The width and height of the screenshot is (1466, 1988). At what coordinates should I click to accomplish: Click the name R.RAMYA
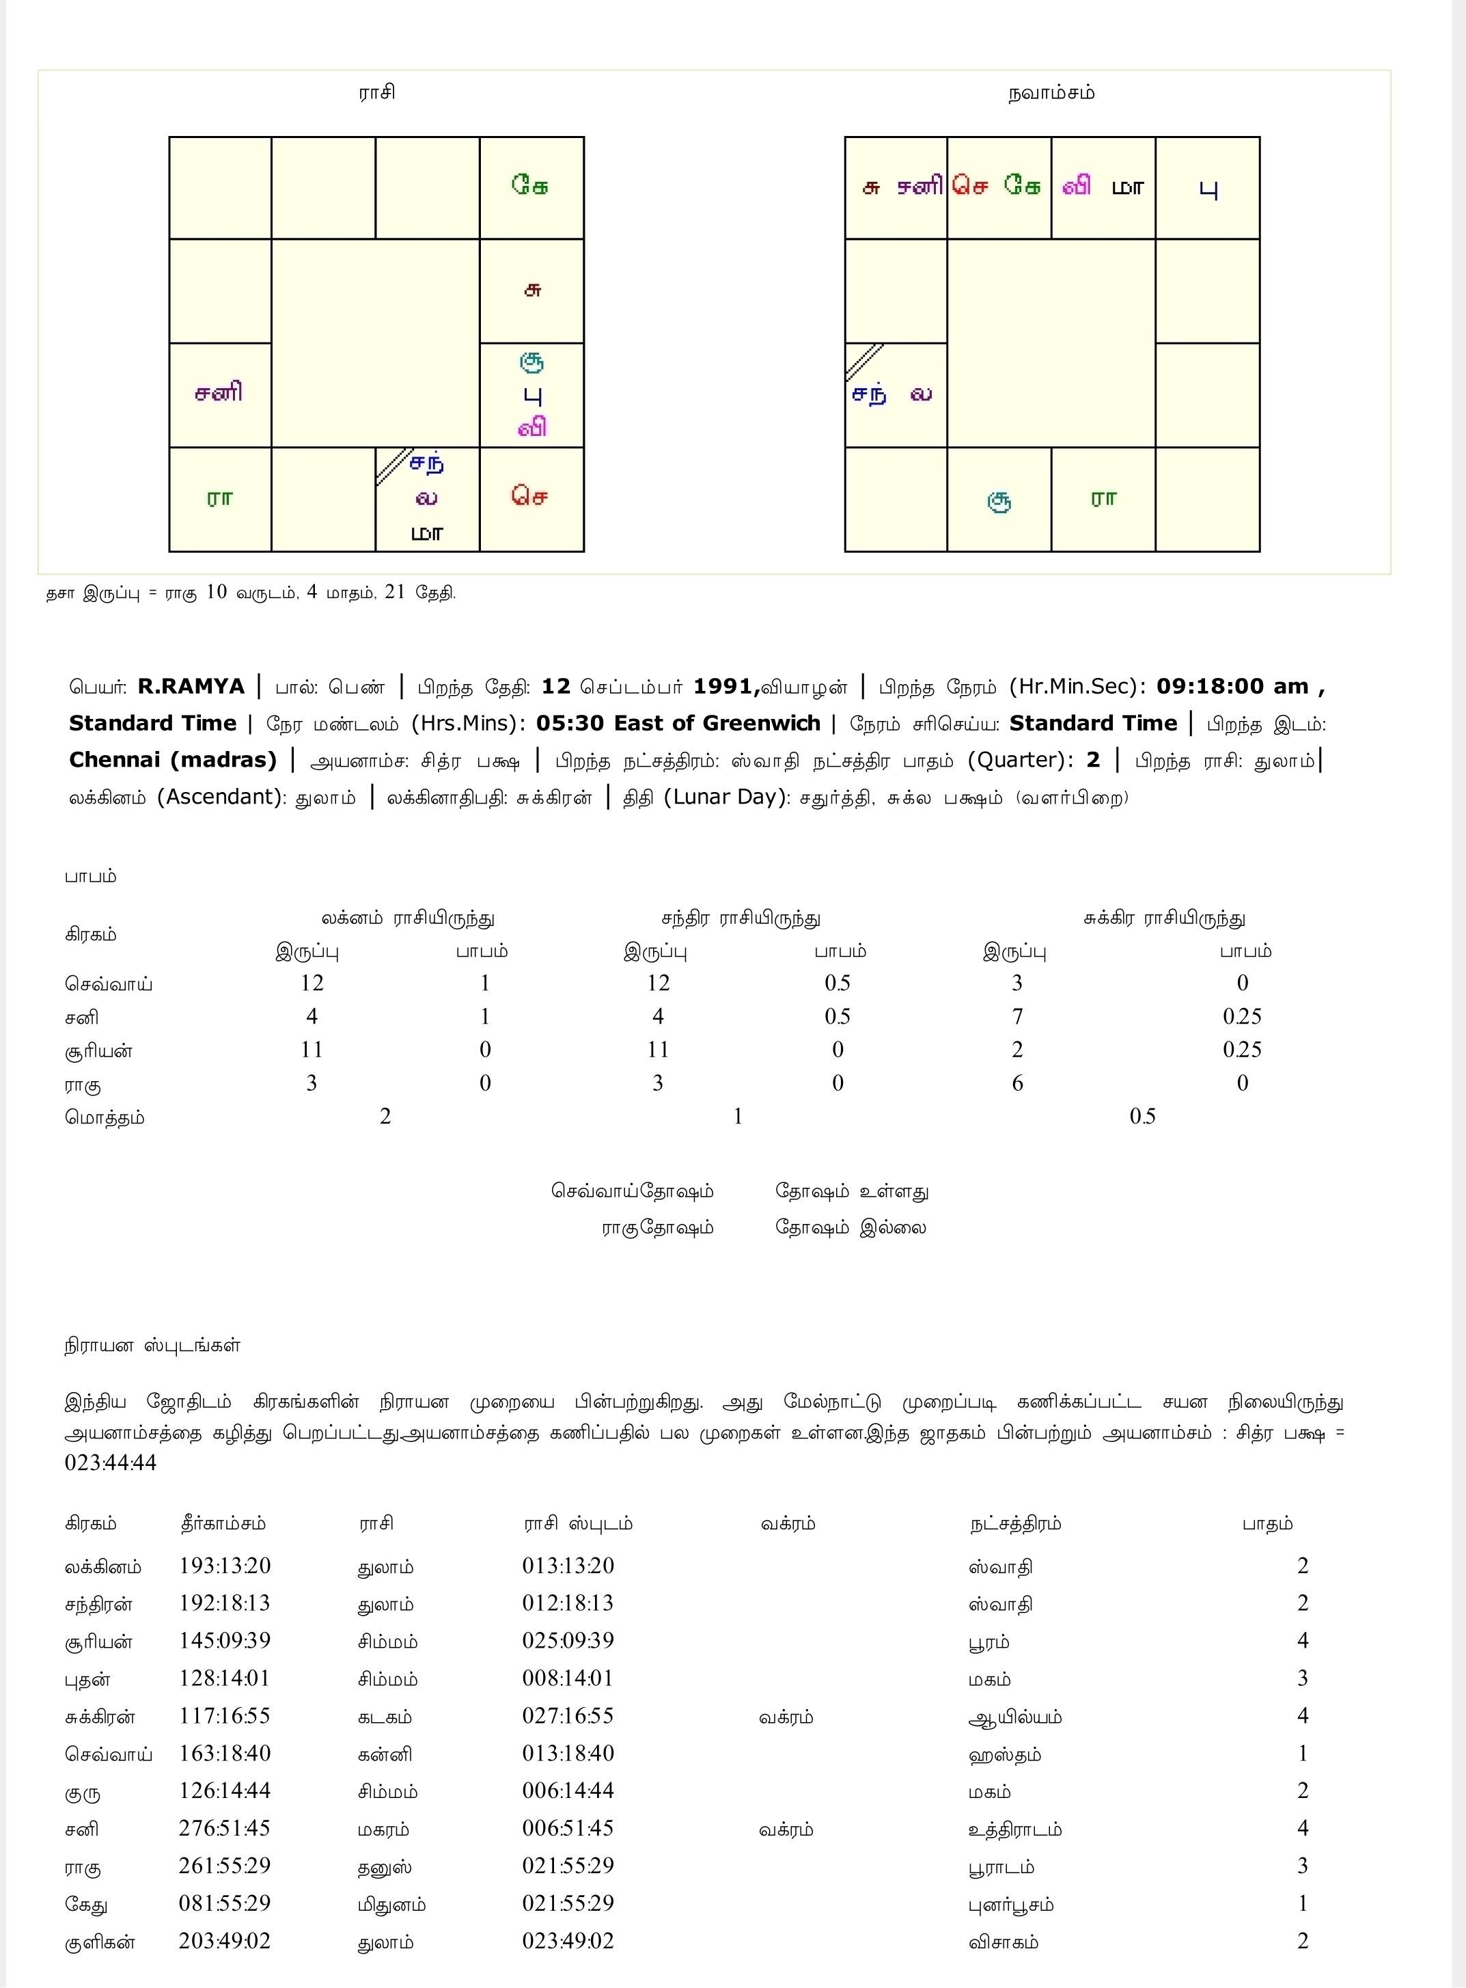click(x=191, y=687)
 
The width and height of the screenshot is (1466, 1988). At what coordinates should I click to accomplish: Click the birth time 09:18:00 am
click(x=1232, y=687)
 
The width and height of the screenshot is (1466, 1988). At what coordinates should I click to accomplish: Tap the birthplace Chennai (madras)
click(x=173, y=761)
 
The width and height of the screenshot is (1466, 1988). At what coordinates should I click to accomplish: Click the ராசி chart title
click(x=376, y=93)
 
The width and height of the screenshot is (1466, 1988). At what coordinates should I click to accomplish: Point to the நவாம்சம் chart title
click(x=1051, y=93)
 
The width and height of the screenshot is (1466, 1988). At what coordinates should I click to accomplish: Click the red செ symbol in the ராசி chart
click(x=530, y=496)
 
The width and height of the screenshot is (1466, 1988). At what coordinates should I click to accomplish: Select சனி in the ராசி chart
click(x=219, y=392)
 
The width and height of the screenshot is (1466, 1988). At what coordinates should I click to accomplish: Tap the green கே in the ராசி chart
click(x=530, y=185)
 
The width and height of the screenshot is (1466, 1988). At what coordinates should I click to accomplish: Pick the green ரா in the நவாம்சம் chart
click(x=1103, y=499)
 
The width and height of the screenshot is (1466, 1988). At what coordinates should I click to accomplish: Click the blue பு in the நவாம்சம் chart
click(x=1208, y=189)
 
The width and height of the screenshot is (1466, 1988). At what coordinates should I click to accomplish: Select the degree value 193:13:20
click(x=225, y=1566)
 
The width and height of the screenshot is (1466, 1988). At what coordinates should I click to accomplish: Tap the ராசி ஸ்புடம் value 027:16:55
click(x=568, y=1715)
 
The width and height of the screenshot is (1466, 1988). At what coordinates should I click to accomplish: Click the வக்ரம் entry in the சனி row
click(x=786, y=1829)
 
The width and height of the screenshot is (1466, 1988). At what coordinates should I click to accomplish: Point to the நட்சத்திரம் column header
click(x=1015, y=1524)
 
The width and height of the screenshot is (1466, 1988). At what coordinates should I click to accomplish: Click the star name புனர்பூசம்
click(x=1011, y=1905)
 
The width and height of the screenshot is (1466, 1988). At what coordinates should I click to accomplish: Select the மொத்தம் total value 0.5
click(x=1142, y=1117)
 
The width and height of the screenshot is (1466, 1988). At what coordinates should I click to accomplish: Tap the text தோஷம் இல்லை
click(x=850, y=1228)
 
